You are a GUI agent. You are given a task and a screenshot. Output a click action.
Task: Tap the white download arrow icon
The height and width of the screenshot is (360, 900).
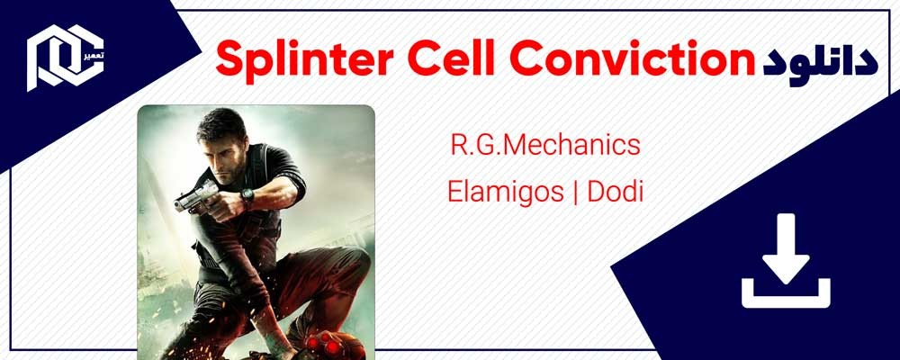pyautogui.click(x=785, y=249)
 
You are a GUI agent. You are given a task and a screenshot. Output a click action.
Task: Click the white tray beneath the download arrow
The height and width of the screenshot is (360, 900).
pyautogui.click(x=785, y=292)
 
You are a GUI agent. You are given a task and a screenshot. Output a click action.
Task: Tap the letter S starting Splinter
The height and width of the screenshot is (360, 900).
pyautogui.click(x=235, y=58)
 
